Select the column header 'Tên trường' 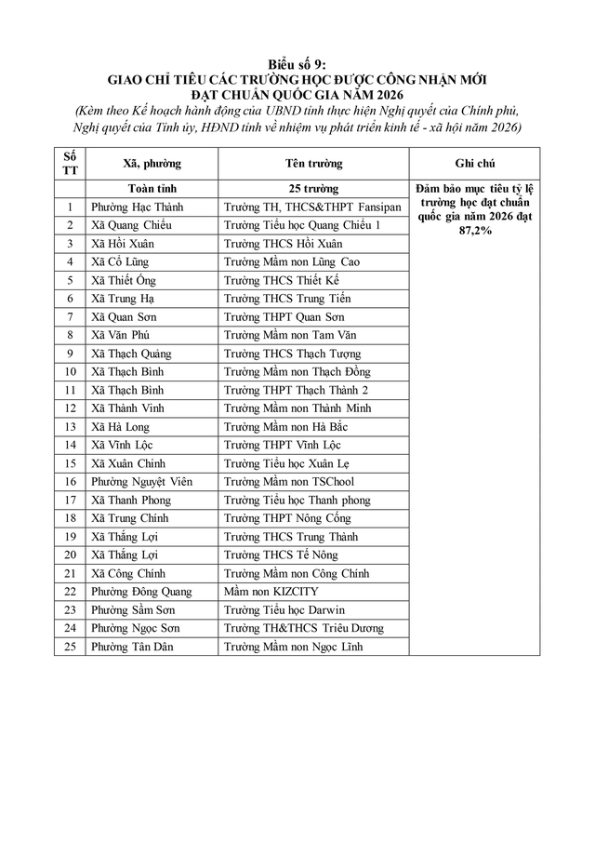coord(313,164)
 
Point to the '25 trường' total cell coord(313,189)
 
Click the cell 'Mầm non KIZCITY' coord(271,592)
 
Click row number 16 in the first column coord(71,482)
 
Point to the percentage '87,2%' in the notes coord(473,229)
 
